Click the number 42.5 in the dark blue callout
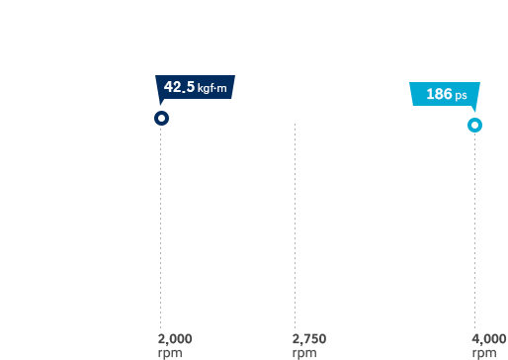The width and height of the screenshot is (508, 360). (x=179, y=87)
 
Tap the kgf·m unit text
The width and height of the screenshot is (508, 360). (x=212, y=88)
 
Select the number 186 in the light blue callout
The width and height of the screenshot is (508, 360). (x=439, y=95)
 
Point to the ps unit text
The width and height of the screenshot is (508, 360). (x=461, y=96)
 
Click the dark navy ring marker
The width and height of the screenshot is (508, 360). (x=161, y=118)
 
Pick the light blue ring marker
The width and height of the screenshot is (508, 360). (x=474, y=125)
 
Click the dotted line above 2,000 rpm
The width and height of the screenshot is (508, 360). (x=161, y=227)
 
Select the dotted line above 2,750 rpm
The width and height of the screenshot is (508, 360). (x=295, y=227)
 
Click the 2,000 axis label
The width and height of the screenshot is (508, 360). (x=175, y=339)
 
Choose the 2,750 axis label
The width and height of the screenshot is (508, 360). (x=308, y=339)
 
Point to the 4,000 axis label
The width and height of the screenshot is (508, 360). (x=489, y=339)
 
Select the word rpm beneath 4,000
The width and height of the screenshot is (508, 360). (x=483, y=352)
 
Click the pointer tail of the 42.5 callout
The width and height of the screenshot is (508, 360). (x=161, y=102)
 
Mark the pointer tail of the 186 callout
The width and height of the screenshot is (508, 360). (x=472, y=110)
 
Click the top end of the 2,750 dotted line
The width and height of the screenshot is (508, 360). (x=295, y=125)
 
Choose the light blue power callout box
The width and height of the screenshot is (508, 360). (x=445, y=94)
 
